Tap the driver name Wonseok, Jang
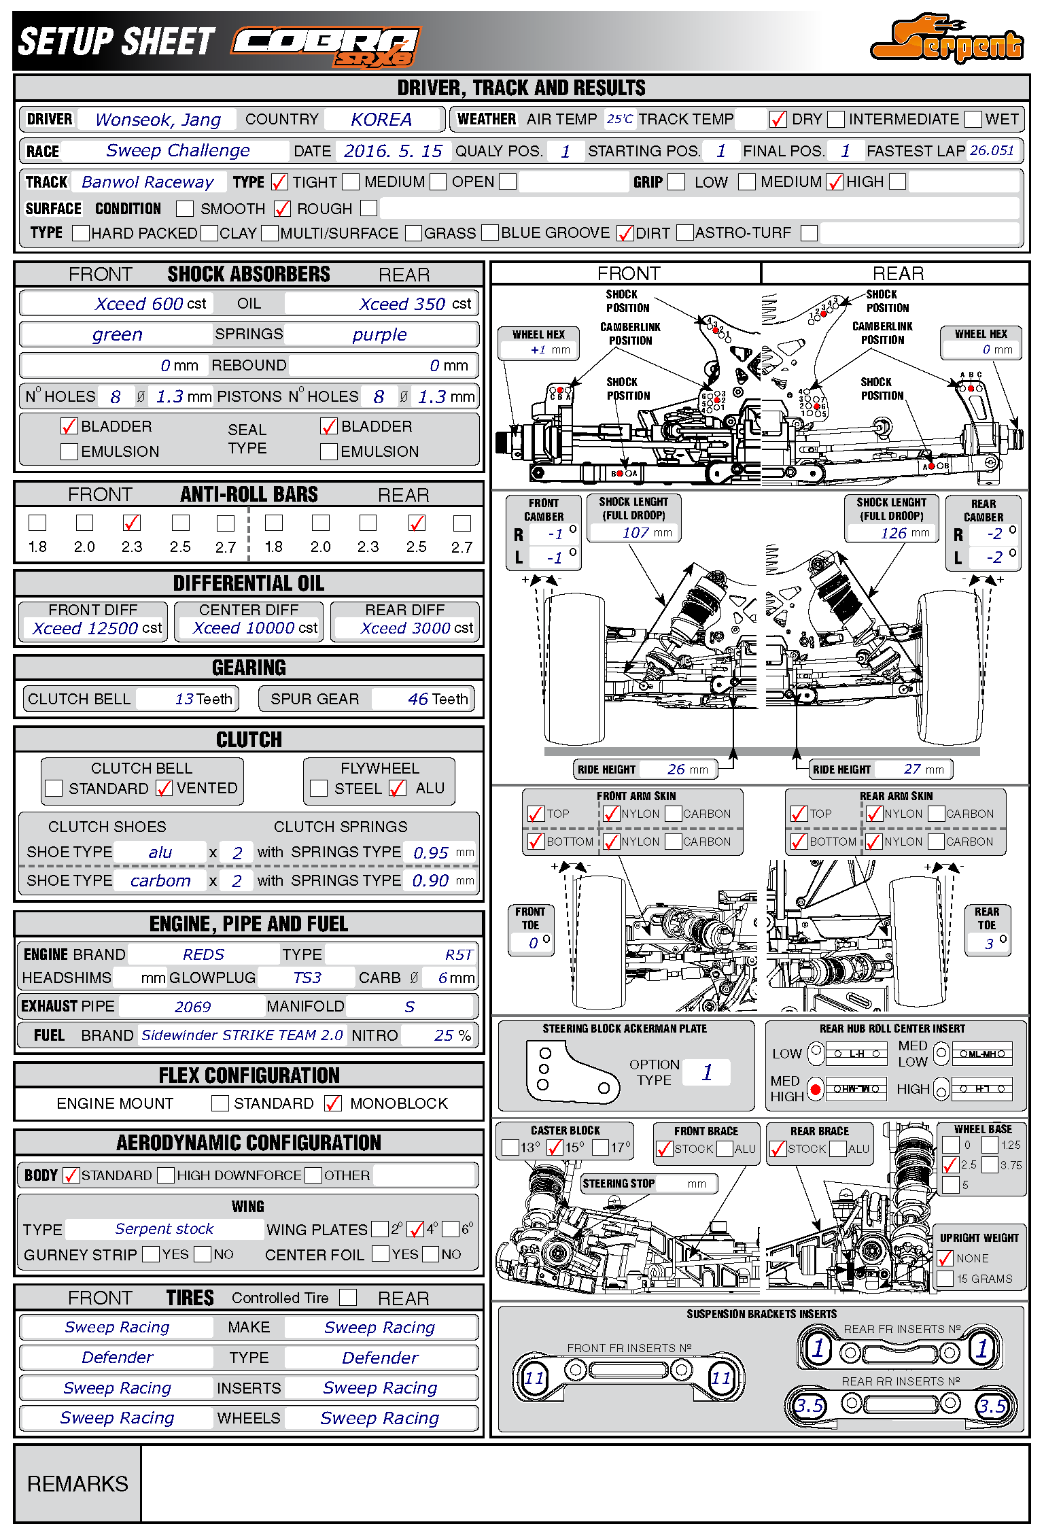coord(158,120)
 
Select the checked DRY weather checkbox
coord(778,120)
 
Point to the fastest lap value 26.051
coord(992,150)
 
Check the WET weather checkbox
coord(973,120)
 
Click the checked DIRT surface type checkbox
coord(625,233)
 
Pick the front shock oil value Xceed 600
coord(139,304)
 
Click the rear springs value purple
coord(379,334)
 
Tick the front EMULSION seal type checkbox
coord(69,451)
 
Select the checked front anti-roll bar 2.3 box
coord(132,523)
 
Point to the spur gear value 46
coord(417,699)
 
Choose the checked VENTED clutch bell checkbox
coord(164,788)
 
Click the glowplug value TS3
coord(307,978)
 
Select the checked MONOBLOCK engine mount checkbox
coord(333,1103)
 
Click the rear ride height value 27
coord(912,769)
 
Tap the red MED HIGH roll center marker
coord(816,1089)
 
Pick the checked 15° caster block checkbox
coord(555,1147)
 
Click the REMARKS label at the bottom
coord(77,1483)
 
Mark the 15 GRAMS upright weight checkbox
coord(945,1279)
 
